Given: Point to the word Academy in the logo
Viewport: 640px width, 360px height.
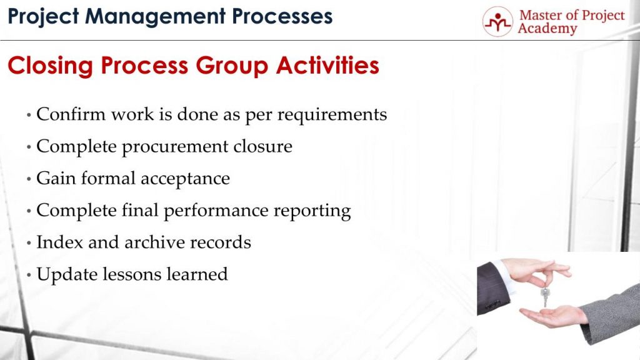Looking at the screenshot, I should tap(547, 29).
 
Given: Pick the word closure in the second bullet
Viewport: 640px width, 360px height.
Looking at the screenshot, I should tap(262, 146).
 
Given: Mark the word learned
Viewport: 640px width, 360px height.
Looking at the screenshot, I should tap(198, 274).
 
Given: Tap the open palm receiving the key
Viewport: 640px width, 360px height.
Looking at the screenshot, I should tap(550, 316).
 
